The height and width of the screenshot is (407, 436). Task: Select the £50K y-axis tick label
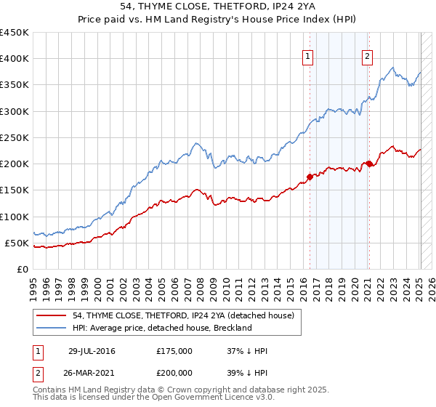17,243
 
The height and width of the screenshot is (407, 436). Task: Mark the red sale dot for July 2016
310,176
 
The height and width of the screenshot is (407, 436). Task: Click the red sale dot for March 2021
369,164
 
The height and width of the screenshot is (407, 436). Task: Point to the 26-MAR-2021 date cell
92,371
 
